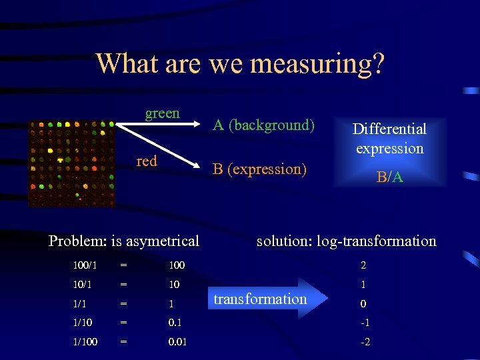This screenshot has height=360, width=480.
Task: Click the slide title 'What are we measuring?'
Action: (240, 64)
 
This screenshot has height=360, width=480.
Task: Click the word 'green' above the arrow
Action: (163, 113)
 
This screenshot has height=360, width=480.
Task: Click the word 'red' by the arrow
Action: (147, 161)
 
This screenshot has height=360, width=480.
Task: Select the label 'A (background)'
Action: (263, 125)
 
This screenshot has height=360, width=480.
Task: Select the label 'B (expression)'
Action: (259, 169)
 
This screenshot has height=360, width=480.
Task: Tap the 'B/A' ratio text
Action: (389, 177)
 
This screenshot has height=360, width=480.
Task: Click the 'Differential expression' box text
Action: (389, 138)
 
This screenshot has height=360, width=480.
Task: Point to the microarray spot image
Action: (71, 163)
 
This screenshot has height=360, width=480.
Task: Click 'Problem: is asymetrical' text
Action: (124, 241)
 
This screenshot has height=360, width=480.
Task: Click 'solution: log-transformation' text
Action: (346, 241)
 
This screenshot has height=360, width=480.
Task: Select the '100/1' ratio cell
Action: (85, 265)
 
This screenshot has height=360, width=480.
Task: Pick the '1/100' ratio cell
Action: (85, 342)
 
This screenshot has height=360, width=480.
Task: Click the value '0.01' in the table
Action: (177, 342)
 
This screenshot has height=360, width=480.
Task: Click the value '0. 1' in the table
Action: (175, 323)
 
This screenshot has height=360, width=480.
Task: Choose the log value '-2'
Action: (365, 342)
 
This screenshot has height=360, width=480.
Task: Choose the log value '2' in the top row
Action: (363, 265)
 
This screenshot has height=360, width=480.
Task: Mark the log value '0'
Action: (363, 304)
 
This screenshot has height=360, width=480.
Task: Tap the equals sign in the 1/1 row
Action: (123, 304)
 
